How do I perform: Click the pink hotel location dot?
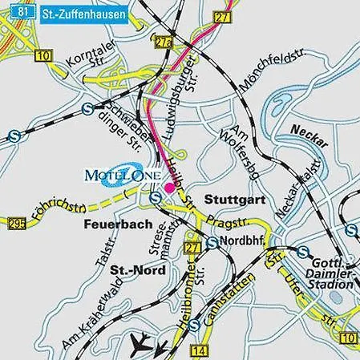click(x=169, y=187)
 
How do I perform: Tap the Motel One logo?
click(x=123, y=174)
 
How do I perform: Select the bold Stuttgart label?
click(x=231, y=196)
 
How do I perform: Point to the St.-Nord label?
click(x=138, y=270)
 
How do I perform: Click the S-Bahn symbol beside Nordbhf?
click(x=211, y=242)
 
